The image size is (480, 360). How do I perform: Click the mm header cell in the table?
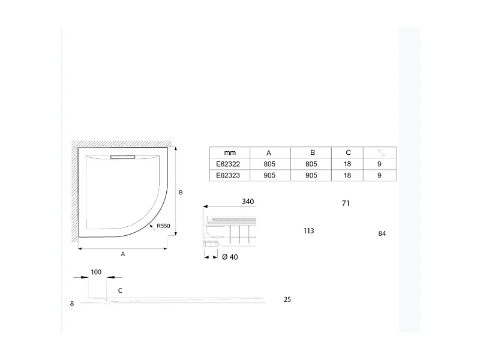[x=229, y=152]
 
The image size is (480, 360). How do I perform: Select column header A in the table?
[x=269, y=152]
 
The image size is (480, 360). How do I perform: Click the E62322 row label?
[x=229, y=164]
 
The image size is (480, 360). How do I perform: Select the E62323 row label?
[x=229, y=175]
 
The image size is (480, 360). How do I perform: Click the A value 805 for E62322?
[x=269, y=164]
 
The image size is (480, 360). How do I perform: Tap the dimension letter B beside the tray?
[x=180, y=193]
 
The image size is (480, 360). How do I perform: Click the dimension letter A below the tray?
[x=122, y=254]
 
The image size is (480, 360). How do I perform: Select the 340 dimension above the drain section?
[x=248, y=202]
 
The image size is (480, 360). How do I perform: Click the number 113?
[x=309, y=230]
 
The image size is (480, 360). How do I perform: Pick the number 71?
[x=345, y=203]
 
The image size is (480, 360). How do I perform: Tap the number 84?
[x=382, y=233]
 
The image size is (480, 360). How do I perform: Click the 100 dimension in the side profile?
[x=96, y=272]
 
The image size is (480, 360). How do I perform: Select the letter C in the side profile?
[x=120, y=290]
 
